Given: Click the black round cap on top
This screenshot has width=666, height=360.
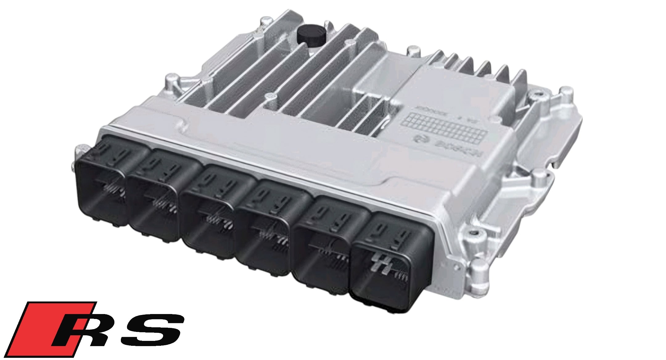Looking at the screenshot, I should click(x=311, y=35).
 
